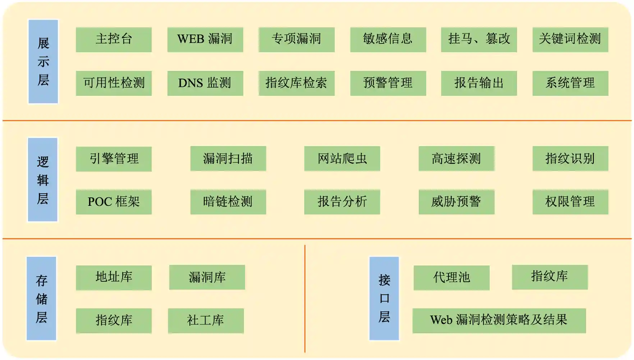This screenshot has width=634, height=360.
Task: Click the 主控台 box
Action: pos(114,40)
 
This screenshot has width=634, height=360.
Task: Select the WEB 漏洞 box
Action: pos(205,40)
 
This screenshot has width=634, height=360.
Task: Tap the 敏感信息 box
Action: pos(388,40)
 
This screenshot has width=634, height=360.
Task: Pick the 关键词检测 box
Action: pos(570,40)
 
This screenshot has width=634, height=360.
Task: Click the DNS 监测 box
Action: pos(205,83)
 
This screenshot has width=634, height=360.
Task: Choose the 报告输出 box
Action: pos(479,83)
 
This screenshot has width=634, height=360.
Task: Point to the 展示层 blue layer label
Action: pos(43,61)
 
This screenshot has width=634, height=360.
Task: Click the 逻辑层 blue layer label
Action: pos(42,180)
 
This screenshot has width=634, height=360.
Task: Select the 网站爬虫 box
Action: pos(342,158)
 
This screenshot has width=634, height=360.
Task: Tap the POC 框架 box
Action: pos(114,202)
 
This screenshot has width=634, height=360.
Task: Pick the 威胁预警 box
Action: pos(456,202)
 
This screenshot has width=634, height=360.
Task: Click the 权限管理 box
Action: pos(570,202)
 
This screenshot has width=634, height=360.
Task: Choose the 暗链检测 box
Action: pos(228,202)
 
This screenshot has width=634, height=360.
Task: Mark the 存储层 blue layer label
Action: pos(41,298)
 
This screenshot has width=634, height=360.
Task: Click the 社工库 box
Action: pos(206,320)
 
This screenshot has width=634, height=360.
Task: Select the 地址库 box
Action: pos(114,277)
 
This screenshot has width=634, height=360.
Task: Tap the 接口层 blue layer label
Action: pos(384,298)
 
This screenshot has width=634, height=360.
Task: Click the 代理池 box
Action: pos(451,277)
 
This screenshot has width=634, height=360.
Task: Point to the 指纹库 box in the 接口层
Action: pos(550,277)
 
